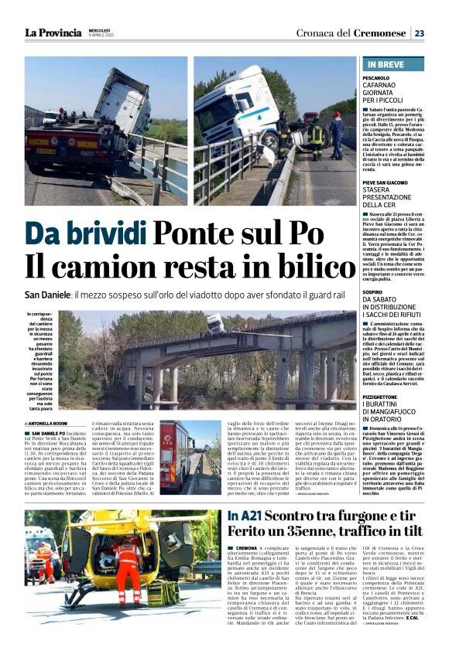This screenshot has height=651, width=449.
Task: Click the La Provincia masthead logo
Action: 53,32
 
